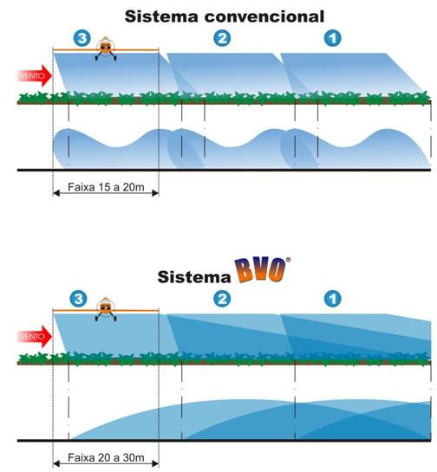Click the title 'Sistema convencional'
click(225, 16)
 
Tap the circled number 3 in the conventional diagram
click(82, 38)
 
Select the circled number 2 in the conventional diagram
click(222, 38)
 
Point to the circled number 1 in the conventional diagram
click(333, 38)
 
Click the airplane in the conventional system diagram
click(106, 48)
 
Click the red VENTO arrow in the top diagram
click(35, 75)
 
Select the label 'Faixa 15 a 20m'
click(106, 187)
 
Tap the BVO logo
click(261, 269)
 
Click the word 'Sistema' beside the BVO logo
click(194, 276)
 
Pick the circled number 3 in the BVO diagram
click(78, 299)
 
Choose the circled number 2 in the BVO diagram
click(222, 299)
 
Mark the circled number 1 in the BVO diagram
click(333, 299)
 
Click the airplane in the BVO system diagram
click(106, 309)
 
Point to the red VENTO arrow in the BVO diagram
click(35, 336)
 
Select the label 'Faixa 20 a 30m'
click(106, 457)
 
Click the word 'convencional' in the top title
click(264, 16)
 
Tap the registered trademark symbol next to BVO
click(289, 260)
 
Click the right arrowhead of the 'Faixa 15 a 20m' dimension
click(155, 193)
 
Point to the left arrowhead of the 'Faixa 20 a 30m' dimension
click(56, 463)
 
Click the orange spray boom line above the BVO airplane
click(106, 310)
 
